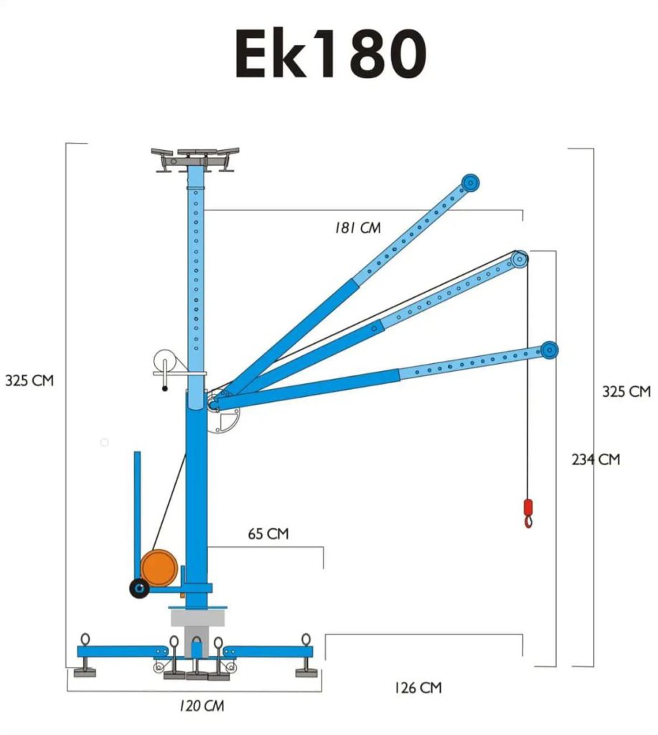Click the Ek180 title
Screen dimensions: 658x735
click(330, 53)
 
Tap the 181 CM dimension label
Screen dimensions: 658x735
click(357, 228)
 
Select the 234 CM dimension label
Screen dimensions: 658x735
click(596, 459)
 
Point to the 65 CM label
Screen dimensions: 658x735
click(268, 533)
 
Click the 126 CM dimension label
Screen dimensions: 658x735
click(418, 688)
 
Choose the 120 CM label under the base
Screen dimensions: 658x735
click(202, 706)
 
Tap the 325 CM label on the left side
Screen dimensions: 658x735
click(29, 380)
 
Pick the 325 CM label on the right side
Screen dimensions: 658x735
click(626, 391)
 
